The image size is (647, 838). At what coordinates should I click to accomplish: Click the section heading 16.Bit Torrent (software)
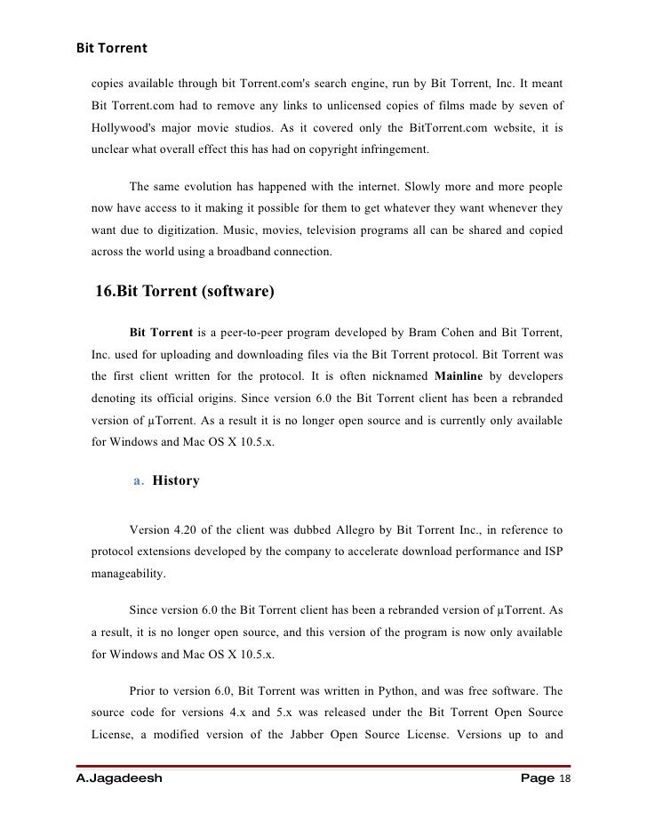(x=185, y=292)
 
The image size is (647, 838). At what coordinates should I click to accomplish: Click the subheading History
(x=176, y=481)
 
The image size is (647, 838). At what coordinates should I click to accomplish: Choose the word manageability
(x=127, y=574)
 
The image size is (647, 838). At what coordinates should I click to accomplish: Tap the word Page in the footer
(x=537, y=779)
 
